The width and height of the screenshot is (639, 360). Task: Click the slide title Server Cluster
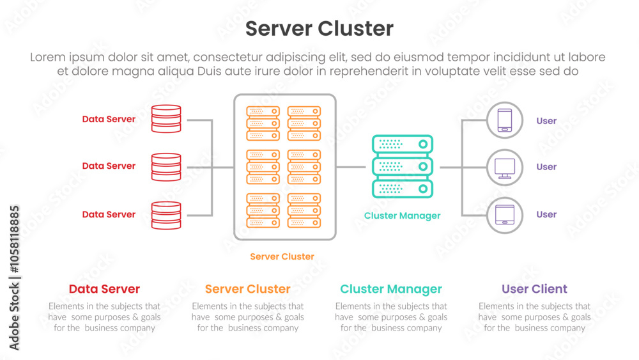pos(319,29)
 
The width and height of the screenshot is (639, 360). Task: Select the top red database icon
pos(166,119)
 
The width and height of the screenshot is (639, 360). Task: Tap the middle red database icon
pos(166,167)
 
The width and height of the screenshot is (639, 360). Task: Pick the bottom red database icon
pos(166,215)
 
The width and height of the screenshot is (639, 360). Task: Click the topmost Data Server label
pos(109,120)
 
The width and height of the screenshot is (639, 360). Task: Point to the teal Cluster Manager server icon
pos(402,166)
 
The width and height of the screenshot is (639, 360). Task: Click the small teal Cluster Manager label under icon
pos(402,216)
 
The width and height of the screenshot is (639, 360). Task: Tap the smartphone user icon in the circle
pos(504,120)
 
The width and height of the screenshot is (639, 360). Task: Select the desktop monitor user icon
pos(504,168)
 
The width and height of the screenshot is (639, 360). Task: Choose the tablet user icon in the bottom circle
pos(504,215)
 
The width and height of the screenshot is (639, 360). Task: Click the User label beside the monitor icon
pos(546,167)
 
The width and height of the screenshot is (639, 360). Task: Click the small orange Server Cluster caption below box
pos(282,257)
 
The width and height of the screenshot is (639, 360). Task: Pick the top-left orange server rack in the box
pos(263,123)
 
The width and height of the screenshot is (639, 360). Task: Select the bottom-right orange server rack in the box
pos(304,210)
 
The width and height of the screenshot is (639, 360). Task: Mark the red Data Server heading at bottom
pos(104,290)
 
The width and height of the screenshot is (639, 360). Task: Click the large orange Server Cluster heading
pos(247,290)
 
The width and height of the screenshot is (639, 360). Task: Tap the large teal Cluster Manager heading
pos(391,290)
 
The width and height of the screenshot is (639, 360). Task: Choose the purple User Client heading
pos(534,290)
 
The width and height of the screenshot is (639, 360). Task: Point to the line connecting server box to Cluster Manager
pos(351,167)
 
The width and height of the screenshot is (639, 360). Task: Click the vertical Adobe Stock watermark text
pos(14,278)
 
